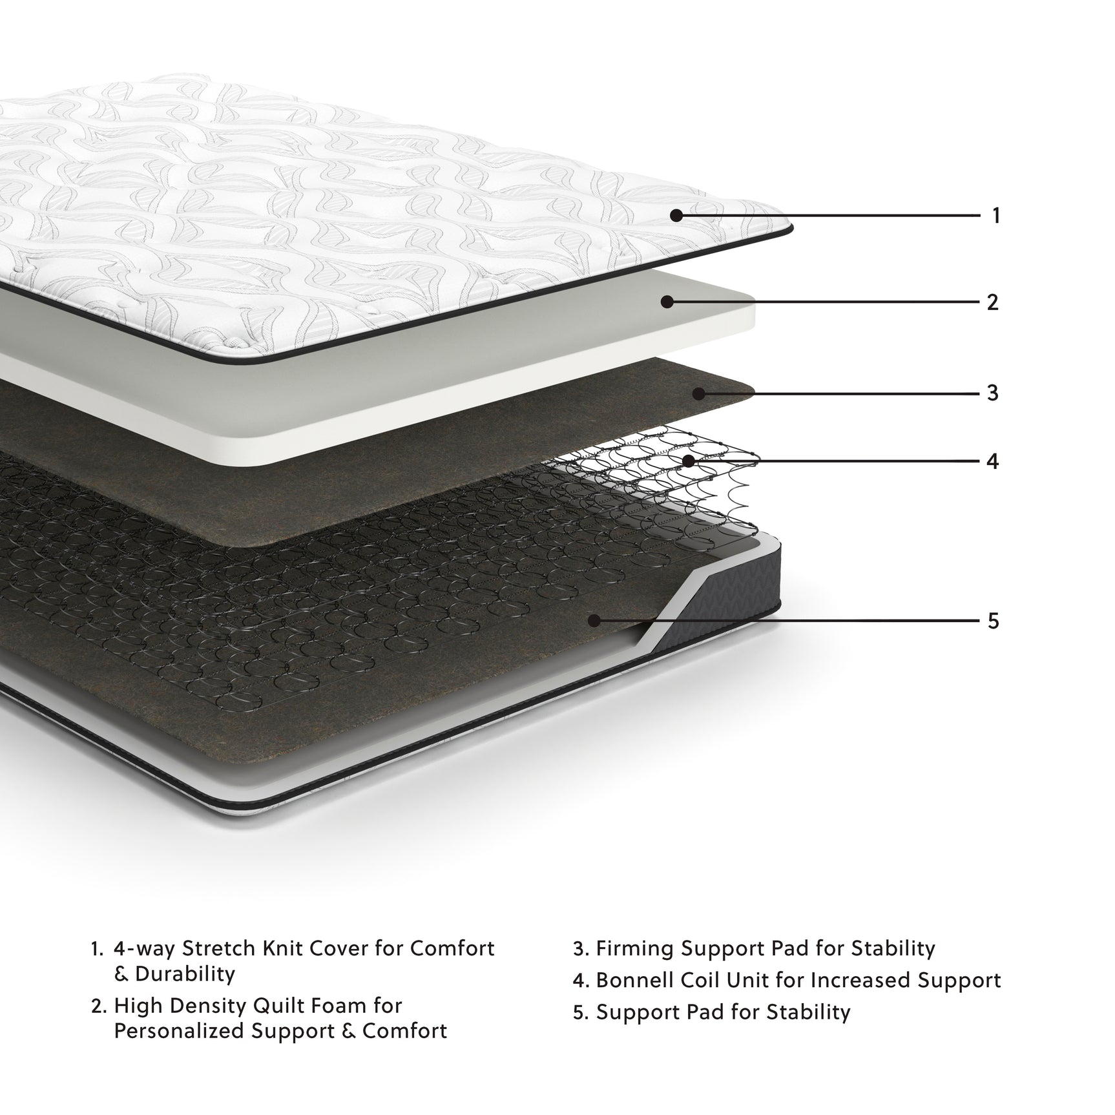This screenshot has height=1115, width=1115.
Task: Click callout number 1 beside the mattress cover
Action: tap(995, 215)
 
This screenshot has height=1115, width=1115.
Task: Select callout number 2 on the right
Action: tap(993, 302)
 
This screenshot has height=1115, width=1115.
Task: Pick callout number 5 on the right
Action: tap(993, 621)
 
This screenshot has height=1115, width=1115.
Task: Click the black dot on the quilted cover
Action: tap(676, 215)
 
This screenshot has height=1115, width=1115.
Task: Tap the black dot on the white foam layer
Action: tap(667, 302)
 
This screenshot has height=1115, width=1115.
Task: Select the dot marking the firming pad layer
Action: tap(698, 392)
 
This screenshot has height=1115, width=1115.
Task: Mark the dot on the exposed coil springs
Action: tap(688, 461)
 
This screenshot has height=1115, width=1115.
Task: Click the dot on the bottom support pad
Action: tap(594, 621)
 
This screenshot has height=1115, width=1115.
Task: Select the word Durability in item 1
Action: tap(185, 974)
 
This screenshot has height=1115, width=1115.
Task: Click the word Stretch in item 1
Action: tap(220, 948)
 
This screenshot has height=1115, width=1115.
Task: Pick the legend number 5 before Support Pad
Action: tap(579, 1012)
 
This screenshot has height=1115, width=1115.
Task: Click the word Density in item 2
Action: tap(214, 1006)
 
